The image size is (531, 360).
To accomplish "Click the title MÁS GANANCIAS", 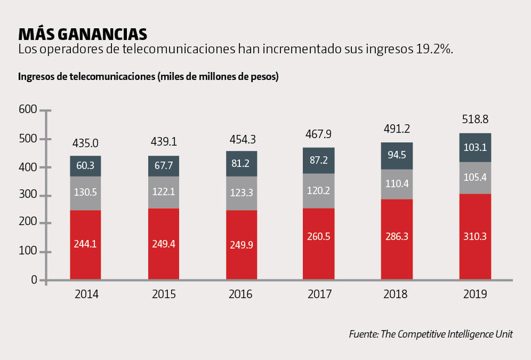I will click(83, 34).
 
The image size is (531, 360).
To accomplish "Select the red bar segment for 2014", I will click(85, 244).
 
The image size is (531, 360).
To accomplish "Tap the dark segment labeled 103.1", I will click(475, 148).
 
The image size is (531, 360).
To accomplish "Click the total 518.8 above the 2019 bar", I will click(475, 119).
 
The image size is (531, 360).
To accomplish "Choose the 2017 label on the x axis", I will click(318, 295).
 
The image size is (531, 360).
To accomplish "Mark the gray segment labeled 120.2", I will click(318, 191).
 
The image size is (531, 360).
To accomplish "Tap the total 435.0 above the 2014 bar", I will click(85, 143).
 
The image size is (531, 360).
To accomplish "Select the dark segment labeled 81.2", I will click(241, 164).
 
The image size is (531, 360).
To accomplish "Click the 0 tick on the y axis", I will click(34, 280).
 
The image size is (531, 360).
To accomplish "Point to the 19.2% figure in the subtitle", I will click(434, 49).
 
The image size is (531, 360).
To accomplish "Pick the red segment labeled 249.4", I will click(164, 244).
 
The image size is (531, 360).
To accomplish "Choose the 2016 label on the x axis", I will click(241, 295).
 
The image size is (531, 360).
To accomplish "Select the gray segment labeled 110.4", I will click(397, 184).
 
